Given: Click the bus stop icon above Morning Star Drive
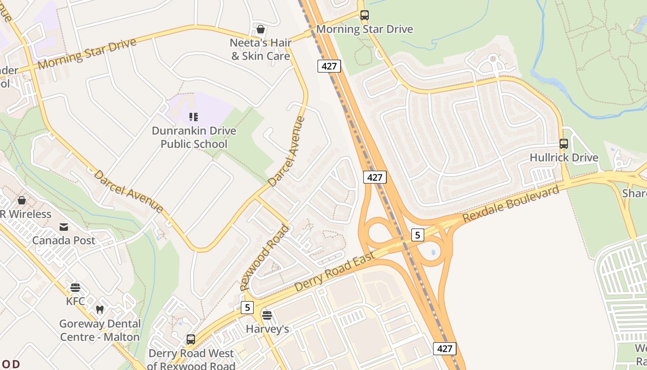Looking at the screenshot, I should pyautogui.click(x=365, y=15).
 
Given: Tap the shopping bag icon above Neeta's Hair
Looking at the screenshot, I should pyautogui.click(x=261, y=30).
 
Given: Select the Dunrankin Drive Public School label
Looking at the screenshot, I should pyautogui.click(x=194, y=137).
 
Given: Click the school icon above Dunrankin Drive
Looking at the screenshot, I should pyautogui.click(x=194, y=117).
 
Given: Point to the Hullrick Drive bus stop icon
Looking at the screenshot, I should pyautogui.click(x=564, y=144).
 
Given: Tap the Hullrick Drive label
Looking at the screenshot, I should pyautogui.click(x=564, y=158).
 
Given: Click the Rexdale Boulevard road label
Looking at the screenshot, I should pyautogui.click(x=511, y=203).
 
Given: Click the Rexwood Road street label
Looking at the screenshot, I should pyautogui.click(x=265, y=258).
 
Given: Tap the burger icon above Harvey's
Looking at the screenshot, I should pyautogui.click(x=267, y=315).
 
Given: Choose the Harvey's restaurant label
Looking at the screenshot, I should pyautogui.click(x=267, y=329).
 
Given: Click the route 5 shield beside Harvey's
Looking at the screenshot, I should pyautogui.click(x=247, y=307).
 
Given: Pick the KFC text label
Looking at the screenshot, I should pyautogui.click(x=75, y=302).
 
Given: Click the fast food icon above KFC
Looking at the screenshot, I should pyautogui.click(x=75, y=288).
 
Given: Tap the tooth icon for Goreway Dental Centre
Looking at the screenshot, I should pyautogui.click(x=99, y=309).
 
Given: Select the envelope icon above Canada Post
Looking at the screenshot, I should pyautogui.click(x=64, y=227).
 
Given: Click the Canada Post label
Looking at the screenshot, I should pyautogui.click(x=64, y=240).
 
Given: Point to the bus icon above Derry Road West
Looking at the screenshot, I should pyautogui.click(x=191, y=339).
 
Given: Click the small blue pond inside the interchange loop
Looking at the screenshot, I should pyautogui.click(x=433, y=253).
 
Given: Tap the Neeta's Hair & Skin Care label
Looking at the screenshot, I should pyautogui.click(x=261, y=49).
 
